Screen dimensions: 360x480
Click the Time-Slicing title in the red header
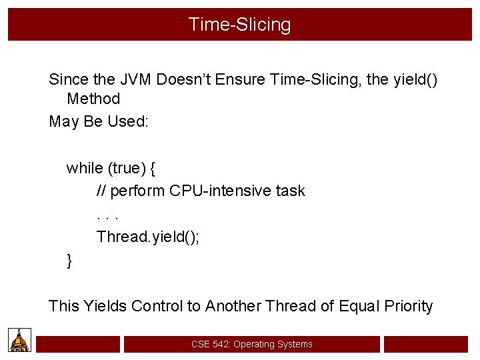click(239, 25)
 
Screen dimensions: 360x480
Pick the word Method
click(93, 99)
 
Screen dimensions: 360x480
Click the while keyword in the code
click(81, 168)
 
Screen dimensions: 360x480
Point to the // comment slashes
click(101, 191)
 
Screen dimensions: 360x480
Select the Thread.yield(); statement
click(148, 237)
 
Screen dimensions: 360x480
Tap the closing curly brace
click(69, 261)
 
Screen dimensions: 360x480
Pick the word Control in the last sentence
click(157, 306)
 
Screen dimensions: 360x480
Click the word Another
click(233, 306)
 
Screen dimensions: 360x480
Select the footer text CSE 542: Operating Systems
click(251, 344)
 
